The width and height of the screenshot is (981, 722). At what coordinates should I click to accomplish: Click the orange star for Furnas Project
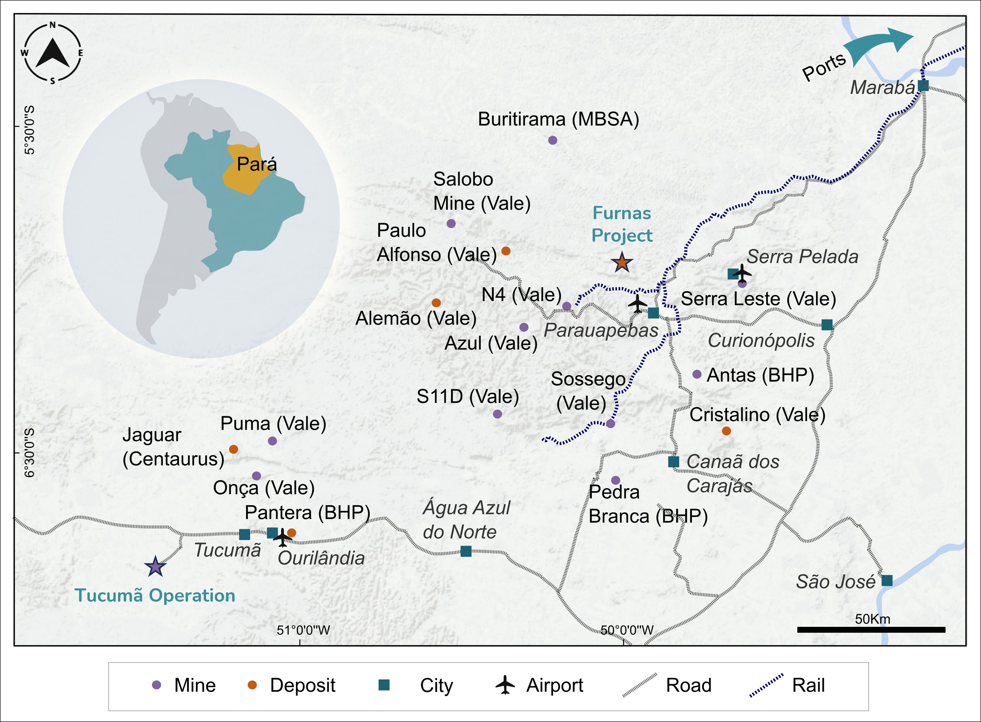pos(622,263)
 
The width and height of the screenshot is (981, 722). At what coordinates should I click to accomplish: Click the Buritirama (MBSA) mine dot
pos(552,140)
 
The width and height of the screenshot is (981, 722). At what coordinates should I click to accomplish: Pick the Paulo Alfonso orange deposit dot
pos(506,251)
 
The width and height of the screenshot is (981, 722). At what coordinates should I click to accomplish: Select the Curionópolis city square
pos(827,325)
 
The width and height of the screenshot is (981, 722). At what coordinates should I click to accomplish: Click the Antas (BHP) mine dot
pos(697,374)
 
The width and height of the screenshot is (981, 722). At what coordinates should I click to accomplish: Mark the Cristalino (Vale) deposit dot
pos(726,431)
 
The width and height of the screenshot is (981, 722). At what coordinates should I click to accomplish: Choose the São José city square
pos(887,581)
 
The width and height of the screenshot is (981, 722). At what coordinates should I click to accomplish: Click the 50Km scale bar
pos(871,630)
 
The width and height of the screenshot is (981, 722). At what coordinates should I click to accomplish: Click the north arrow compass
pos(52,53)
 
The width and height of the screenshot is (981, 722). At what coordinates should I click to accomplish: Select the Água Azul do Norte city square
pos(466,551)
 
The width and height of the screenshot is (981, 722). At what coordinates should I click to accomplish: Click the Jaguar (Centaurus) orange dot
pos(233,449)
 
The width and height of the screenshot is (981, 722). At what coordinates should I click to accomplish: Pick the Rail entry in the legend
pos(786,685)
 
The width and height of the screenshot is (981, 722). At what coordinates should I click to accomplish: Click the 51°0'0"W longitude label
pos(303,630)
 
